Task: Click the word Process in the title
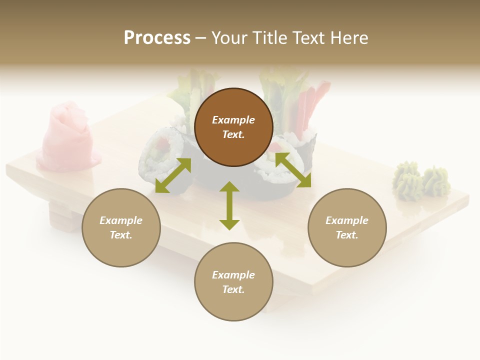(x=157, y=38)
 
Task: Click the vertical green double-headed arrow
(x=229, y=205)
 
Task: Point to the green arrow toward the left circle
(x=173, y=175)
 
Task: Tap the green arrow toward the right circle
(x=293, y=170)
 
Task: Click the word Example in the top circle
(x=233, y=120)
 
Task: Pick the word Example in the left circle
(x=121, y=220)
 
